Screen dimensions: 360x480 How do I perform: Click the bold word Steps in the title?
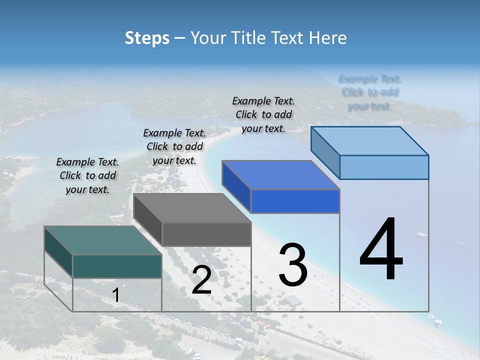click(147, 37)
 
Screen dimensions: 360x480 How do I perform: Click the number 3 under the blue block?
click(293, 264)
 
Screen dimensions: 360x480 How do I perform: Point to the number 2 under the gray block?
click(201, 280)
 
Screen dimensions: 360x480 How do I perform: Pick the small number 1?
click(116, 295)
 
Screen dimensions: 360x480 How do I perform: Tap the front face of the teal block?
click(117, 266)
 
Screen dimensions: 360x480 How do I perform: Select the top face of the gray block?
click(192, 208)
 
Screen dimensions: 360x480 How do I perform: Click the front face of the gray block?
click(206, 234)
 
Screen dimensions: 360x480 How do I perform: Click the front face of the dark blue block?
click(295, 201)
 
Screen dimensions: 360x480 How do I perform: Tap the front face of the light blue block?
click(384, 167)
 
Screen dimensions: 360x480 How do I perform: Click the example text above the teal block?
click(87, 175)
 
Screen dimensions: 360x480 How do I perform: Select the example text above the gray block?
click(174, 146)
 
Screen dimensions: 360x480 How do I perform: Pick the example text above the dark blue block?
click(263, 114)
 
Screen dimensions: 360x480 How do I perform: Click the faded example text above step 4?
click(370, 92)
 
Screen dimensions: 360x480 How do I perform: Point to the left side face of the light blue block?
click(325, 152)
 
